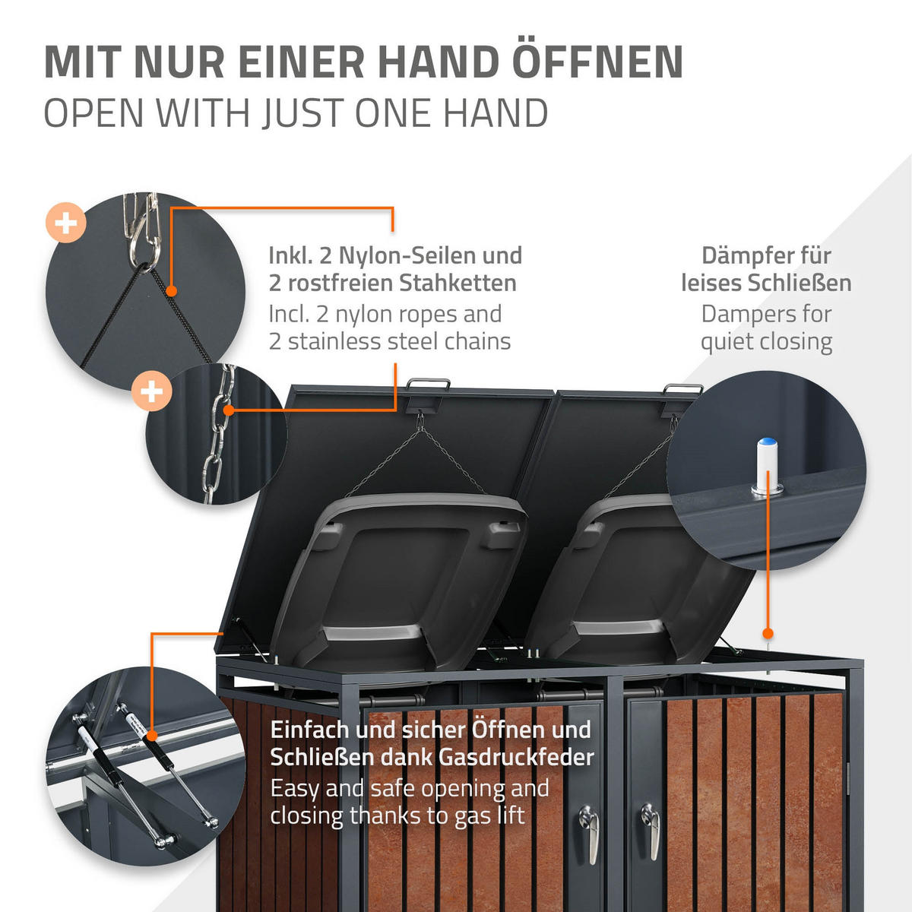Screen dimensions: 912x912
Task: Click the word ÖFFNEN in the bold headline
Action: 597,62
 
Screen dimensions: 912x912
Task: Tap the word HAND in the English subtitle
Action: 496,114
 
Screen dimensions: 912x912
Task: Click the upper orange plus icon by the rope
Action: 66,223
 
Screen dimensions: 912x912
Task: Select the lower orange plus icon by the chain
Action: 151,391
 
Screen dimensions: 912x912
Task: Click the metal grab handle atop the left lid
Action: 428,385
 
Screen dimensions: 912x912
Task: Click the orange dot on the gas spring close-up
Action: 152,735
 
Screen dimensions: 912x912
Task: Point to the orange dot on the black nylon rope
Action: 173,290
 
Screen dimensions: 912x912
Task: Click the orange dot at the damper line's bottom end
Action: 768,633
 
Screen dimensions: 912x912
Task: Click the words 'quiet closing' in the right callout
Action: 766,342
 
